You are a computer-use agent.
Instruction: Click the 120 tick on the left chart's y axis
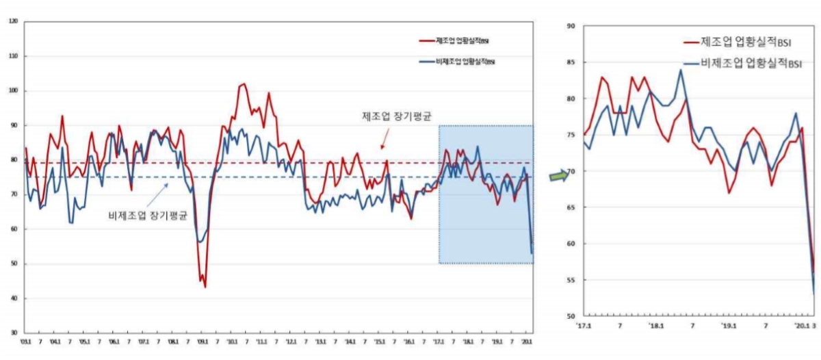pos(14,21)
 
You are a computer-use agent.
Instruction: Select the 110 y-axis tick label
pos(14,56)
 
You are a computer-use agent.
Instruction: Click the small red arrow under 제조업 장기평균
pos(385,140)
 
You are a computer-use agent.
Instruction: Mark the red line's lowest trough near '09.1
pos(205,287)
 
